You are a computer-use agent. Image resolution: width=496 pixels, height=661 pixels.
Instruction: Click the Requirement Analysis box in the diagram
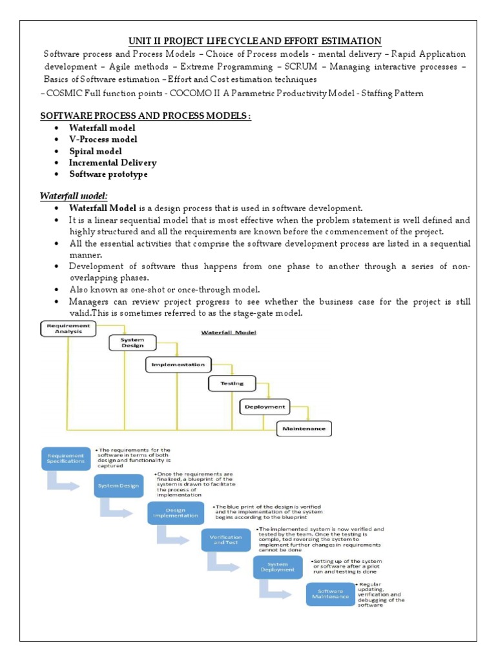(x=68, y=329)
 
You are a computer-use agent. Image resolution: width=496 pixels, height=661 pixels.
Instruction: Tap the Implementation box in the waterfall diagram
(x=178, y=365)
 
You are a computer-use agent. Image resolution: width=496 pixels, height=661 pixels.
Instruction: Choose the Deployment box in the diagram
(x=265, y=407)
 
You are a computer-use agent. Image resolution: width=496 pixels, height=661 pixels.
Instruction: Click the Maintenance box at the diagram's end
(x=304, y=428)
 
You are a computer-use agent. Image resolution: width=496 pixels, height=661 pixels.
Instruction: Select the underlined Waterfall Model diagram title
(x=229, y=332)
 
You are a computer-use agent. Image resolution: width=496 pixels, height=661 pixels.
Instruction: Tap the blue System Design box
(x=118, y=486)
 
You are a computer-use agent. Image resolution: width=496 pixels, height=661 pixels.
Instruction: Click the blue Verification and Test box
(x=226, y=540)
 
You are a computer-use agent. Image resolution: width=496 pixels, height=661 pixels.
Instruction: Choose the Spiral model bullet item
(x=96, y=151)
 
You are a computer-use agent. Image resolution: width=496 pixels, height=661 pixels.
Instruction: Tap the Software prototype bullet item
(x=108, y=174)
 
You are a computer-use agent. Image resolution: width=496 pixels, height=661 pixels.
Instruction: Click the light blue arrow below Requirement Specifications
(x=67, y=482)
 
